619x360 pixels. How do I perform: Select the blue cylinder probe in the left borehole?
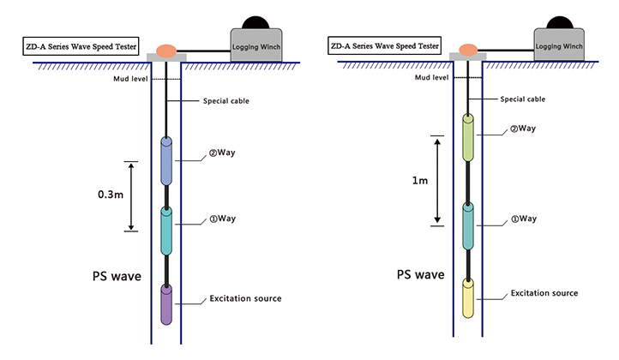click(167, 162)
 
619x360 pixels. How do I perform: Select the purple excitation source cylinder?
click(166, 303)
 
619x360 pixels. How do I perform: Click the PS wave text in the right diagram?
click(420, 275)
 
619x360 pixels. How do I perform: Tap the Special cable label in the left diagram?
click(226, 102)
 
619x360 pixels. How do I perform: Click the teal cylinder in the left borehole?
click(167, 231)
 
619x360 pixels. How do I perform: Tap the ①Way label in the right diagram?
click(523, 219)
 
